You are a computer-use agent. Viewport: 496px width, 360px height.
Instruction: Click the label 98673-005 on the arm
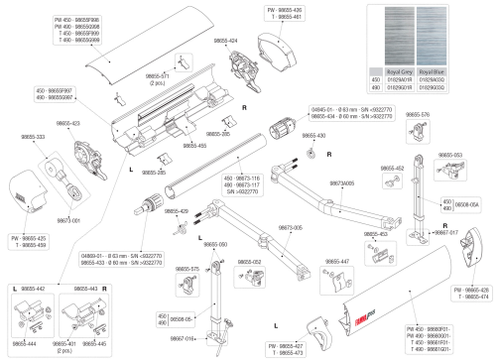pyautogui.click(x=291, y=227)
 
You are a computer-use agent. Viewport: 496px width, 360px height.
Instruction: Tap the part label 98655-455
pyautogui.click(x=194, y=146)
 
